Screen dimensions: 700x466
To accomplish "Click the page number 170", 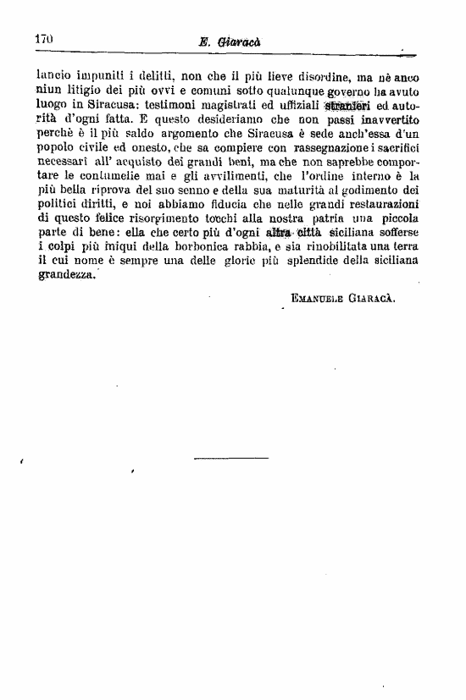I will tap(44, 39).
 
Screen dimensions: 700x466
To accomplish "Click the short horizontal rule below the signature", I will tap(230, 459).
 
